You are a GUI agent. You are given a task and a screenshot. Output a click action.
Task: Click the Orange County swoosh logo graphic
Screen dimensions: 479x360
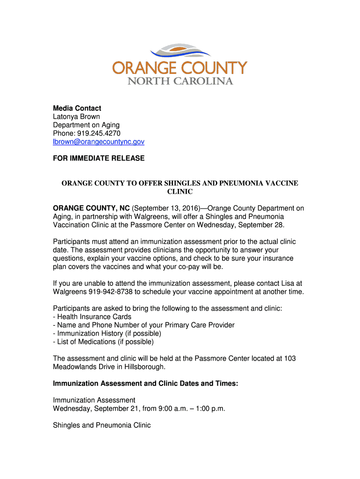point(180,51)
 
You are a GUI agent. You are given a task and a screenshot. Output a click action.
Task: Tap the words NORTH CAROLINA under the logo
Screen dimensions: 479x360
point(180,81)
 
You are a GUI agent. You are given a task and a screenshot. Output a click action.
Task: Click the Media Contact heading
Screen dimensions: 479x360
point(77,108)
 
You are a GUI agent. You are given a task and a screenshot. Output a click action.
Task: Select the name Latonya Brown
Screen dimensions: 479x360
point(76,116)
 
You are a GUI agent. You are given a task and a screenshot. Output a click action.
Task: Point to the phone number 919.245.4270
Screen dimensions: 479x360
point(97,133)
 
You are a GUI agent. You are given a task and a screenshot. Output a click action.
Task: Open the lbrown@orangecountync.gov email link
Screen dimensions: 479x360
point(99,142)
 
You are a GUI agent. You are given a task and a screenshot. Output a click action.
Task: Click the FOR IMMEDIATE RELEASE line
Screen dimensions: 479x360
point(99,159)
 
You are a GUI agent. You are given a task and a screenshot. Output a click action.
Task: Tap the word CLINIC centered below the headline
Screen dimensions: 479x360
point(180,191)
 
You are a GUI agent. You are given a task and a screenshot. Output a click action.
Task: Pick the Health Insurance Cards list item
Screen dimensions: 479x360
point(94,317)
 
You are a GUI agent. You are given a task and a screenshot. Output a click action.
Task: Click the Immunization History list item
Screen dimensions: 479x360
point(109,334)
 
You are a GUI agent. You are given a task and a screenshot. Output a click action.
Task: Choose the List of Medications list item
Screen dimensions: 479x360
point(105,342)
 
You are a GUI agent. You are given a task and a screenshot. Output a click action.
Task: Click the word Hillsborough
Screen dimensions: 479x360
point(141,367)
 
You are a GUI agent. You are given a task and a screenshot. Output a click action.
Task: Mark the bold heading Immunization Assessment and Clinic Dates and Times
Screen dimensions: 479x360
point(145,384)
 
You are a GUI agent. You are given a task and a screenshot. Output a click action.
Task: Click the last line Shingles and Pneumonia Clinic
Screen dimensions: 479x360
point(102,426)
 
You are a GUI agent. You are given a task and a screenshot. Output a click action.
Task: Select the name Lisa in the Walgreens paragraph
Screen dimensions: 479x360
point(288,283)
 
